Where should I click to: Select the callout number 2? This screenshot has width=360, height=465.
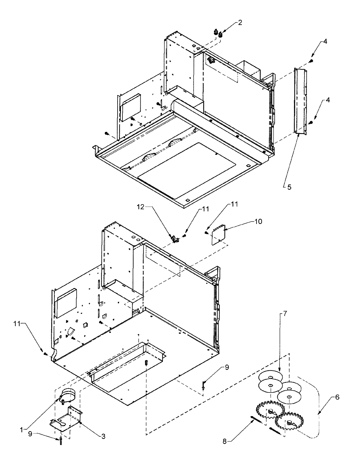click(x=240, y=23)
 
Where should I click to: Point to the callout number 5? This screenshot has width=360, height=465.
click(x=289, y=187)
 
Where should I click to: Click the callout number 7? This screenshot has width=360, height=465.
click(x=285, y=356)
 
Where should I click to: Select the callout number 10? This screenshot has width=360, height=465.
click(x=258, y=222)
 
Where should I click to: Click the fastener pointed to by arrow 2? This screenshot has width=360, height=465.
click(x=221, y=34)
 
